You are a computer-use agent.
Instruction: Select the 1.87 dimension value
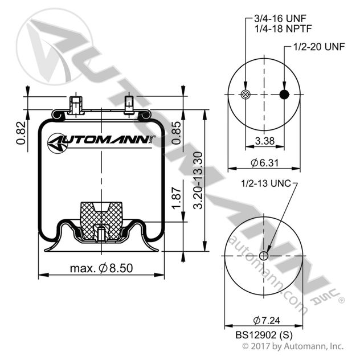176,201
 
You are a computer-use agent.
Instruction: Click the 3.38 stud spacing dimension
265,141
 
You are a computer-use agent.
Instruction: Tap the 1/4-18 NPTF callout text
280,28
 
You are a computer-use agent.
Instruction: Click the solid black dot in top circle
285,95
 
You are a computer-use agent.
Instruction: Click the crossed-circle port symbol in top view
246,95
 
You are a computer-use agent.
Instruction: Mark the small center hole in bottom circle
263,256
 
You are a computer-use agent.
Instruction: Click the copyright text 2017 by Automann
293,346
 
